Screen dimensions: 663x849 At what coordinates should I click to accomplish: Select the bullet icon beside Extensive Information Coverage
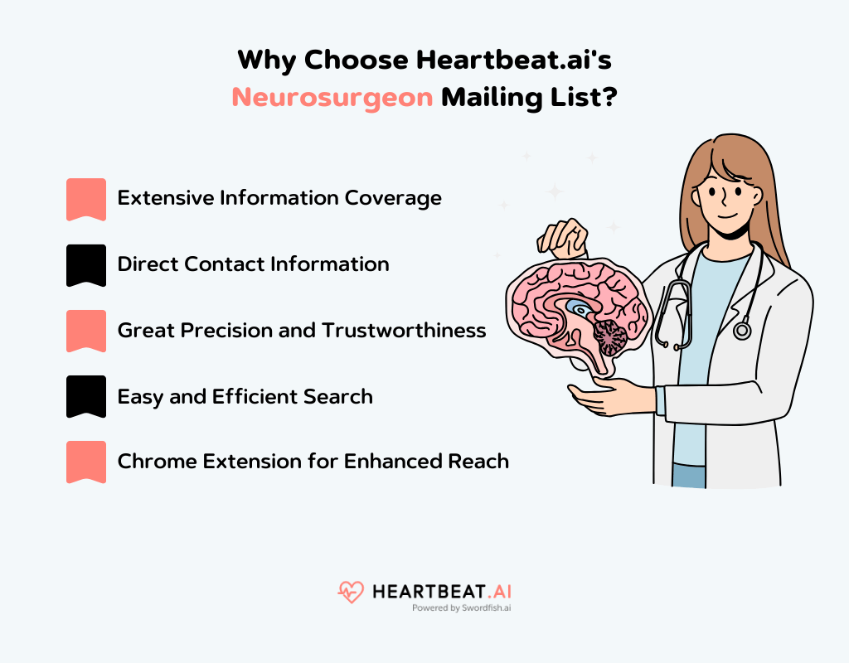pyautogui.click(x=86, y=199)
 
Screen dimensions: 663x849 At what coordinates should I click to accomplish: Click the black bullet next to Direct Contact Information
pyautogui.click(x=86, y=264)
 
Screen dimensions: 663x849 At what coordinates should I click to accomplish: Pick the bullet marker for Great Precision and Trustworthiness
pyautogui.click(x=86, y=330)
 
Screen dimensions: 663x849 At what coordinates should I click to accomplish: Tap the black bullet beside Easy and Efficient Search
pyautogui.click(x=86, y=395)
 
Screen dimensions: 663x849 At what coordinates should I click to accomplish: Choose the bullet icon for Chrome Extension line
pyautogui.click(x=86, y=461)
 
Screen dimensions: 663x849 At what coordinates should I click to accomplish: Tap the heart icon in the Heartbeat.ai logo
pyautogui.click(x=351, y=592)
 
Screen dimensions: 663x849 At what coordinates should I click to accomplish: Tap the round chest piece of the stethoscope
pyautogui.click(x=742, y=331)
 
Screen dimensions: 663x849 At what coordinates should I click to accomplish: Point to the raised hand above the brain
pyautogui.click(x=564, y=236)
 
